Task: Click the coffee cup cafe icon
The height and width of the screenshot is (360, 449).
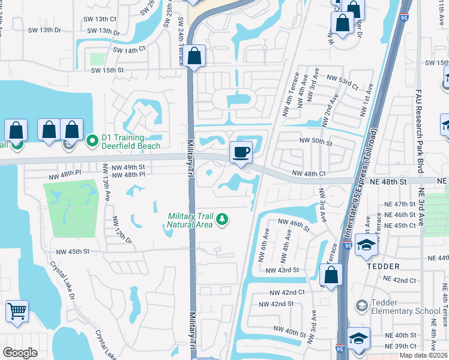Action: [241, 152]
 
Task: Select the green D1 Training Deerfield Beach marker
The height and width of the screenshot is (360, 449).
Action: [92, 141]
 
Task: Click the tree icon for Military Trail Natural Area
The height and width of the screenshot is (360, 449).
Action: [222, 220]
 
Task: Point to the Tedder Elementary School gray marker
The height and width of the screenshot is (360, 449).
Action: [361, 306]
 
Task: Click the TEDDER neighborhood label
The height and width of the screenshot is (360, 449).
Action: [383, 266]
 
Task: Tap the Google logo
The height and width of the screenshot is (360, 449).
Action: [20, 352]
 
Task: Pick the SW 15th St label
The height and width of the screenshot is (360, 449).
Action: [107, 70]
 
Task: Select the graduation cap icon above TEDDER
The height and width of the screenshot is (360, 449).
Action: [366, 245]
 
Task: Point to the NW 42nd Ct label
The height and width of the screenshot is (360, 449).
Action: [287, 292]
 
